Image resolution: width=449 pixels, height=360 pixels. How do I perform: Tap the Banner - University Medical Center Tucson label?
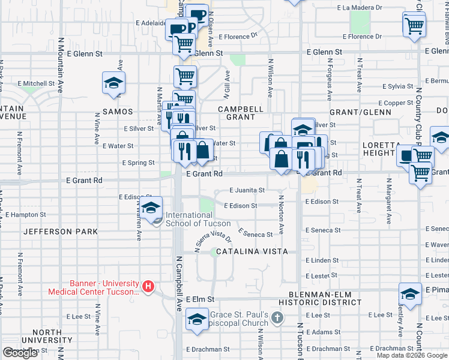[94, 289]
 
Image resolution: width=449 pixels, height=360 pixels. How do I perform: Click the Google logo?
[20, 353]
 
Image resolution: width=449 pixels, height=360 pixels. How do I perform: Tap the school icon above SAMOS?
[113, 84]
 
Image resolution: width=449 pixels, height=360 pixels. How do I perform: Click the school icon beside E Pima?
[411, 295]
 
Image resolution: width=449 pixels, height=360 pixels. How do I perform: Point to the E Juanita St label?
[247, 190]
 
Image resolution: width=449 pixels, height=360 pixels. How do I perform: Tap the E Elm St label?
[200, 299]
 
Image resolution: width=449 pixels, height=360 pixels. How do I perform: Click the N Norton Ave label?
[281, 214]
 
